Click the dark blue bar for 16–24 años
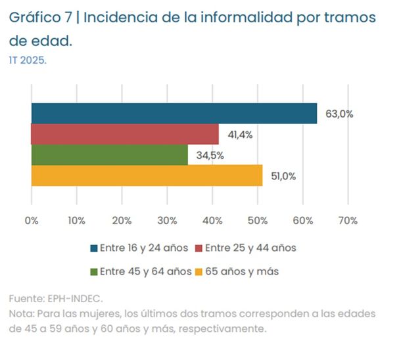[x=174, y=113]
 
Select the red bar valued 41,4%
[x=125, y=134]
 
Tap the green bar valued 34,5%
[x=109, y=155]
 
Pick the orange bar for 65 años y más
[x=147, y=175]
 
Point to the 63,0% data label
[x=339, y=114]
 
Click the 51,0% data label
[x=284, y=176]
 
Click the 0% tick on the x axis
[x=32, y=221]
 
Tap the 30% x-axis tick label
[x=167, y=221]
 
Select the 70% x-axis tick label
[x=348, y=221]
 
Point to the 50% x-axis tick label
[x=257, y=221]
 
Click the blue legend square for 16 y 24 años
[x=94, y=248]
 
